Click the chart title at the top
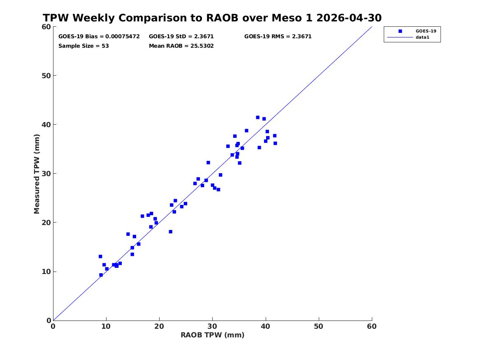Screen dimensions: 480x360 tap(212, 18)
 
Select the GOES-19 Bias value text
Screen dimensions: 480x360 tap(99, 37)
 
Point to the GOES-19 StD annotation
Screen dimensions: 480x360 tap(181, 37)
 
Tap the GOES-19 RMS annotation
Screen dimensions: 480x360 tap(278, 37)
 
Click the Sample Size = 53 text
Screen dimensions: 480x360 tap(83, 46)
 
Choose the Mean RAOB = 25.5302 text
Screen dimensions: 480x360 tap(181, 46)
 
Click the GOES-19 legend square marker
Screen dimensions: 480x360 tap(400, 31)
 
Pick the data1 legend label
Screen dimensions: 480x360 tap(422, 37)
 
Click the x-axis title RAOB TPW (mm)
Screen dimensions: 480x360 tap(213, 335)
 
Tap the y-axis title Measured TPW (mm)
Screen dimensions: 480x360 tap(37, 174)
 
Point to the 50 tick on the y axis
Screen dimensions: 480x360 tap(46, 76)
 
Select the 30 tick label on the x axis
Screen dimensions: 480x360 tap(213, 326)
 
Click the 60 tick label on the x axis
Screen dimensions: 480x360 tap(372, 326)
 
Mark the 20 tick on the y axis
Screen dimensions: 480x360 tap(46, 223)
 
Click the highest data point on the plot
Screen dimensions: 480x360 tap(258, 118)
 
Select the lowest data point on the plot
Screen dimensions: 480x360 tap(101, 275)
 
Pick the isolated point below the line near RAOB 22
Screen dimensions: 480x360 tap(171, 232)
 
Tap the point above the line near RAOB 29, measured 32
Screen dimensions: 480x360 tap(208, 163)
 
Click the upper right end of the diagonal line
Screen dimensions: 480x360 tap(372, 27)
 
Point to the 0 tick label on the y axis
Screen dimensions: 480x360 tap(49, 321)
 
